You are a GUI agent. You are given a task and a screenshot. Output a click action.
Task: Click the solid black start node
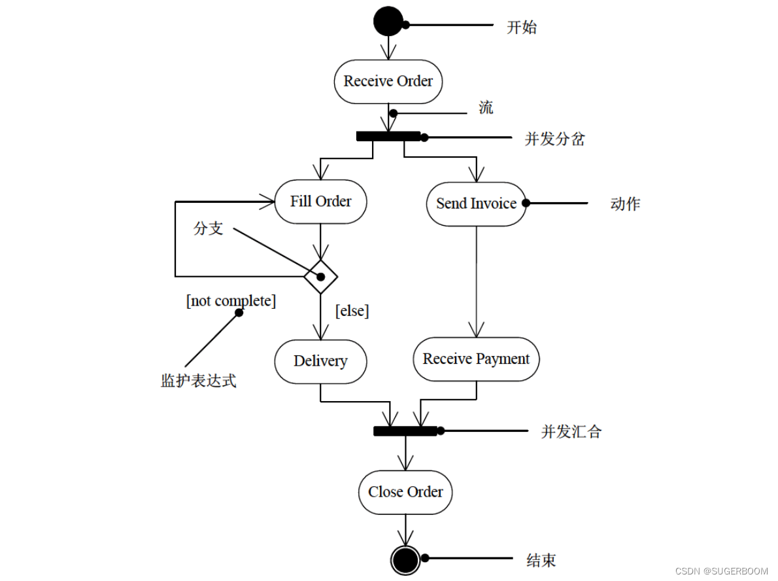[x=388, y=21]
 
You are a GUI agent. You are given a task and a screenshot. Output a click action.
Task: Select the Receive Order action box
[x=388, y=81]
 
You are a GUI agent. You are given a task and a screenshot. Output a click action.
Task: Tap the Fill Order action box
[x=320, y=202]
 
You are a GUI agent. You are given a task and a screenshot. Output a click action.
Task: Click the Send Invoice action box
[x=476, y=203]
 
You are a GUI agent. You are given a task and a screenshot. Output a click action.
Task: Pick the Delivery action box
[x=320, y=361]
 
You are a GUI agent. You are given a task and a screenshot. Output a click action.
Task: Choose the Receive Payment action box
[x=476, y=359]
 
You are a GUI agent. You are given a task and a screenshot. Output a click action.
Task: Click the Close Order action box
[x=405, y=492]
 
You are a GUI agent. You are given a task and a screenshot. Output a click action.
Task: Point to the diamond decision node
[x=320, y=276]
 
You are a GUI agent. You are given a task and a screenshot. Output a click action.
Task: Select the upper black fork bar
[x=388, y=136]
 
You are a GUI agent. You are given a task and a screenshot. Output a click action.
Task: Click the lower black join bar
[x=405, y=431]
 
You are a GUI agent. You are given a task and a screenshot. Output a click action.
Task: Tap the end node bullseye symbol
[x=405, y=560]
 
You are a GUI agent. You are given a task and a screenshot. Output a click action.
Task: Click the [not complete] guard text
[x=231, y=301]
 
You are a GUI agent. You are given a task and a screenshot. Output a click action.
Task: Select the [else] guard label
[x=352, y=311]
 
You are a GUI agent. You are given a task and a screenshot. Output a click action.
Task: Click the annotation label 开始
[x=522, y=27]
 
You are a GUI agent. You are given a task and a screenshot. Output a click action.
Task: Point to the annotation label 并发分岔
[x=554, y=139]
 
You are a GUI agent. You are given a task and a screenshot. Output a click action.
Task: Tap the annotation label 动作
[x=625, y=203]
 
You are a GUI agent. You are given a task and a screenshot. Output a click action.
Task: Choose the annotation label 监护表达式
[x=198, y=381]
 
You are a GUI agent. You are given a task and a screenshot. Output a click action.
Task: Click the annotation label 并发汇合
[x=571, y=432]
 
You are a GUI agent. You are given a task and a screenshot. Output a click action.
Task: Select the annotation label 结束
[x=541, y=560]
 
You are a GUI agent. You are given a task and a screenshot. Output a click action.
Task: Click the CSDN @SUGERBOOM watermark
[x=721, y=571]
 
